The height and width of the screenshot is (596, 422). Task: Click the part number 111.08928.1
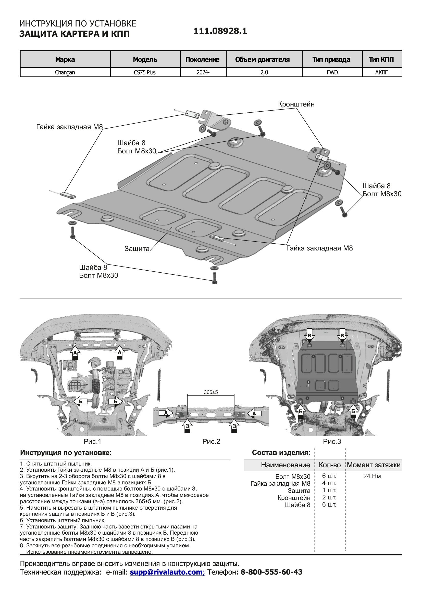tap(220, 31)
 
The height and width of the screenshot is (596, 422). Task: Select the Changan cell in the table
tap(65, 72)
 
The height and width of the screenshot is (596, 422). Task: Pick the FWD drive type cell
tap(332, 72)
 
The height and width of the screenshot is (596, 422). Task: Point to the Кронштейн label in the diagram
tap(296, 104)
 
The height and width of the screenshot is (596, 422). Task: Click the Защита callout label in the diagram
tap(137, 249)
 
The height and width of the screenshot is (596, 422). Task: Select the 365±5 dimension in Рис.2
tap(211, 392)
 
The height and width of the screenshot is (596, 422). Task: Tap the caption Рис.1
tap(92, 441)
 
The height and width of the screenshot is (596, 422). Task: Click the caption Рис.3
tap(332, 441)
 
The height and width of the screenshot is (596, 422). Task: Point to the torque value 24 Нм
tap(372, 476)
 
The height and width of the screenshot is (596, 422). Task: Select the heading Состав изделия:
tap(281, 453)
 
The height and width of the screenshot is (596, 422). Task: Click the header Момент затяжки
tap(374, 465)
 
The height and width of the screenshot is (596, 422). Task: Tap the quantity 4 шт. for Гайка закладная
tap(329, 483)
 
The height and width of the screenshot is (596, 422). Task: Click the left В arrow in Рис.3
tap(309, 336)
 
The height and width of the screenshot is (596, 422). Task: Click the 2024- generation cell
tap(203, 72)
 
